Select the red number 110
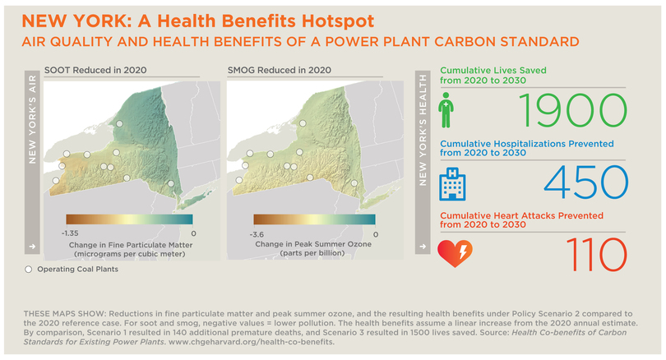[589, 252]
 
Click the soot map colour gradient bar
[129, 219]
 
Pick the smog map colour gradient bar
[314, 219]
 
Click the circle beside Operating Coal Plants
[30, 270]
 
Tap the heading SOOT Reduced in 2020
[95, 70]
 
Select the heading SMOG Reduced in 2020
[280, 70]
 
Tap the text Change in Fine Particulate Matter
[129, 244]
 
